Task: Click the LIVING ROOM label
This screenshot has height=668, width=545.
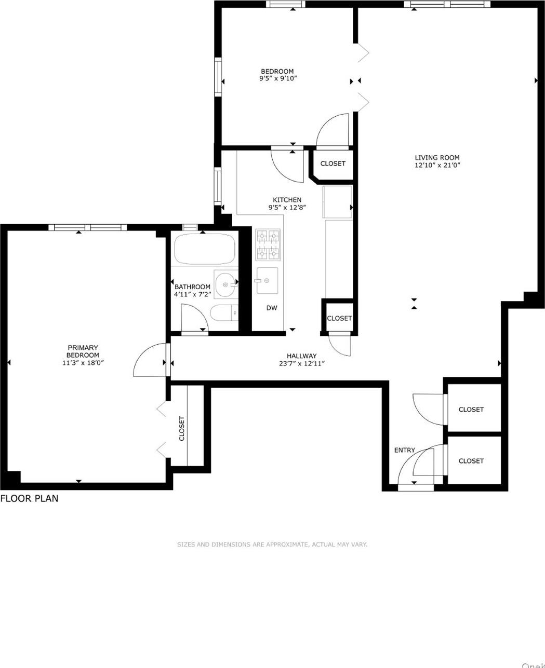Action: (437, 158)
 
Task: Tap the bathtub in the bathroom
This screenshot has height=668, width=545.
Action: (204, 249)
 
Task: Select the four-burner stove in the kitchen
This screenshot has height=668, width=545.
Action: (268, 244)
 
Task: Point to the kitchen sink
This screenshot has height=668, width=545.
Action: (267, 281)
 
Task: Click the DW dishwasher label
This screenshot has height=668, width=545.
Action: (272, 308)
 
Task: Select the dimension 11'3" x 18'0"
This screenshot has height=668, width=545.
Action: (83, 363)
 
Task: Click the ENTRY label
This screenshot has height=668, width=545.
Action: (404, 450)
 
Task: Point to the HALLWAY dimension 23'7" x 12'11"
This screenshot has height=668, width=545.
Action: (301, 363)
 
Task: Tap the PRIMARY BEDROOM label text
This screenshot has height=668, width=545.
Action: (83, 351)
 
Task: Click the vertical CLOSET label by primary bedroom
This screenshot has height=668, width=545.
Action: (181, 428)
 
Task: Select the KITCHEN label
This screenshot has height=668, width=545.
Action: (287, 200)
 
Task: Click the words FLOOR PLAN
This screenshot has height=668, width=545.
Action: (29, 499)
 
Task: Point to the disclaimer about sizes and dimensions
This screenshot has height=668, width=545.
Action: (272, 544)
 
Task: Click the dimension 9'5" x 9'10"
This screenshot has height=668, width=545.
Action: (277, 79)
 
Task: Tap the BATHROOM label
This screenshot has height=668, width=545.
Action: (192, 287)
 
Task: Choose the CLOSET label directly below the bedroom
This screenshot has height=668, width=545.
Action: (333, 163)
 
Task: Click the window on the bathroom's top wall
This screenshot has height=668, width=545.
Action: (190, 227)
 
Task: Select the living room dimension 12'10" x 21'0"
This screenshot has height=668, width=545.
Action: (437, 166)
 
